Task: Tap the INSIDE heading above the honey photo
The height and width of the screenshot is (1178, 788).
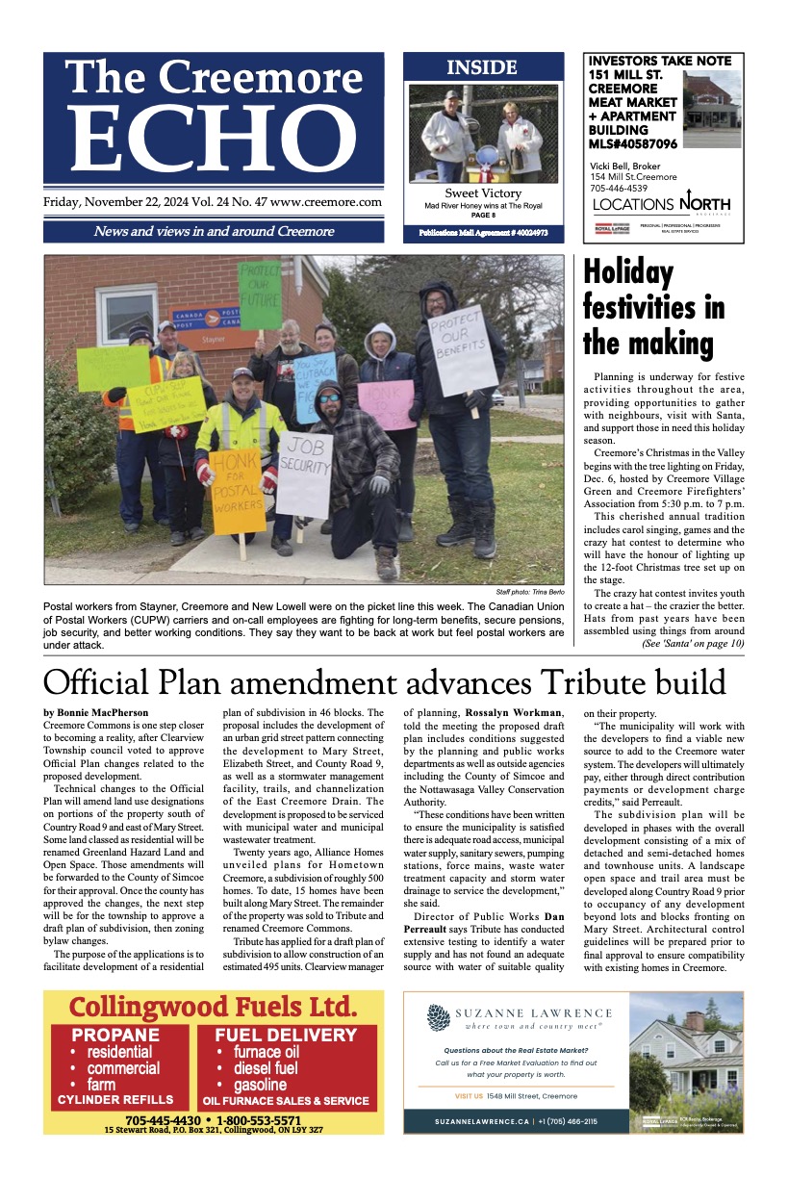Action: [x=482, y=68]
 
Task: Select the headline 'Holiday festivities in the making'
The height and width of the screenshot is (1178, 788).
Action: [x=654, y=308]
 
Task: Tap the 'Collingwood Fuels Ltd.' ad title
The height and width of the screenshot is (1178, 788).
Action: [x=213, y=1007]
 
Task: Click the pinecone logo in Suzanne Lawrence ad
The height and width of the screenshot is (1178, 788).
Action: [x=439, y=1018]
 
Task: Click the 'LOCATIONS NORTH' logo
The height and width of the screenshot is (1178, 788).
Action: [x=661, y=204]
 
